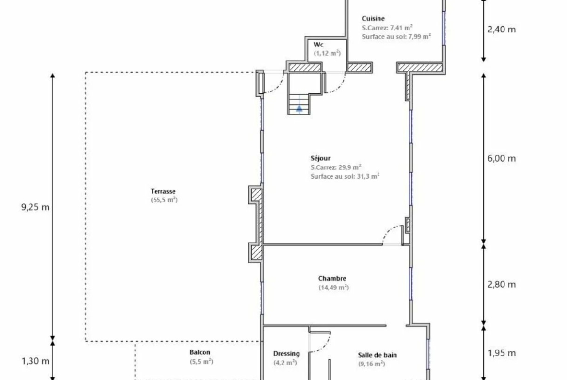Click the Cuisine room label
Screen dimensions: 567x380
click(x=373, y=19)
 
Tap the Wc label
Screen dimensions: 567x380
click(x=318, y=45)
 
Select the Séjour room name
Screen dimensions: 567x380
click(x=320, y=158)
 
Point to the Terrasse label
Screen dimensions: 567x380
click(x=163, y=191)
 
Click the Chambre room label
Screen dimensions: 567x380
click(x=332, y=278)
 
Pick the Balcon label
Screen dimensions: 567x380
click(x=200, y=352)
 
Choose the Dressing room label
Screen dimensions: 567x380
click(x=286, y=354)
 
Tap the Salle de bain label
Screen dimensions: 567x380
click(x=377, y=355)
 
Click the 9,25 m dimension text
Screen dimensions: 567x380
click(x=35, y=207)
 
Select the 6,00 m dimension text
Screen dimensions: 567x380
click(x=502, y=159)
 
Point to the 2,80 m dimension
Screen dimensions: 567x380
click(x=502, y=285)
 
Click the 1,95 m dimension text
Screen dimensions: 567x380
click(x=502, y=353)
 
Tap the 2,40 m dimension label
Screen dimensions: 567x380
click(x=502, y=30)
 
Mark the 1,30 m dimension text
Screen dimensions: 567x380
click(x=35, y=361)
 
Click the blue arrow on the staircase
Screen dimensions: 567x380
click(x=299, y=108)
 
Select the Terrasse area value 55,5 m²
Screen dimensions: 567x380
click(x=164, y=200)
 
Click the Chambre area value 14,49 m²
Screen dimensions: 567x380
click(x=333, y=288)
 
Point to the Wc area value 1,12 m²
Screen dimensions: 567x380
click(x=327, y=53)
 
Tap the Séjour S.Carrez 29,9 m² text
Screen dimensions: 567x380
click(x=335, y=167)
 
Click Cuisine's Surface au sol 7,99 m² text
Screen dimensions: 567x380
click(x=396, y=36)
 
